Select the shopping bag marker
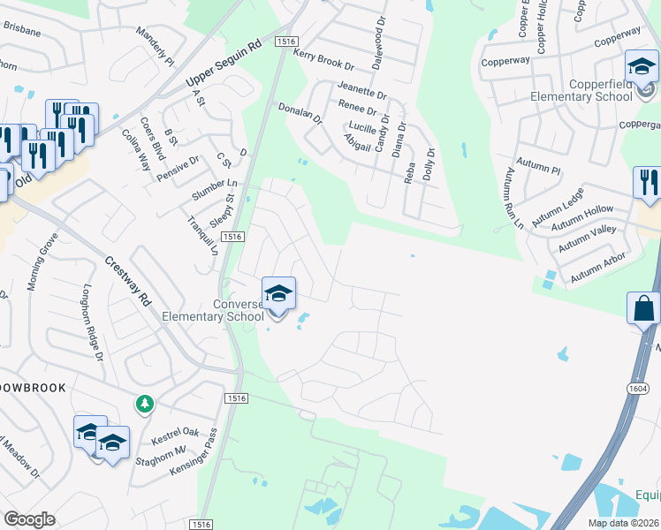pyautogui.click(x=644, y=310)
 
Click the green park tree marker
pyautogui.click(x=144, y=404)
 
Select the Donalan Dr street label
pyautogui.click(x=300, y=117)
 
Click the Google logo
pyautogui.click(x=29, y=519)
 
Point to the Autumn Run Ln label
pyautogui.click(x=514, y=200)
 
